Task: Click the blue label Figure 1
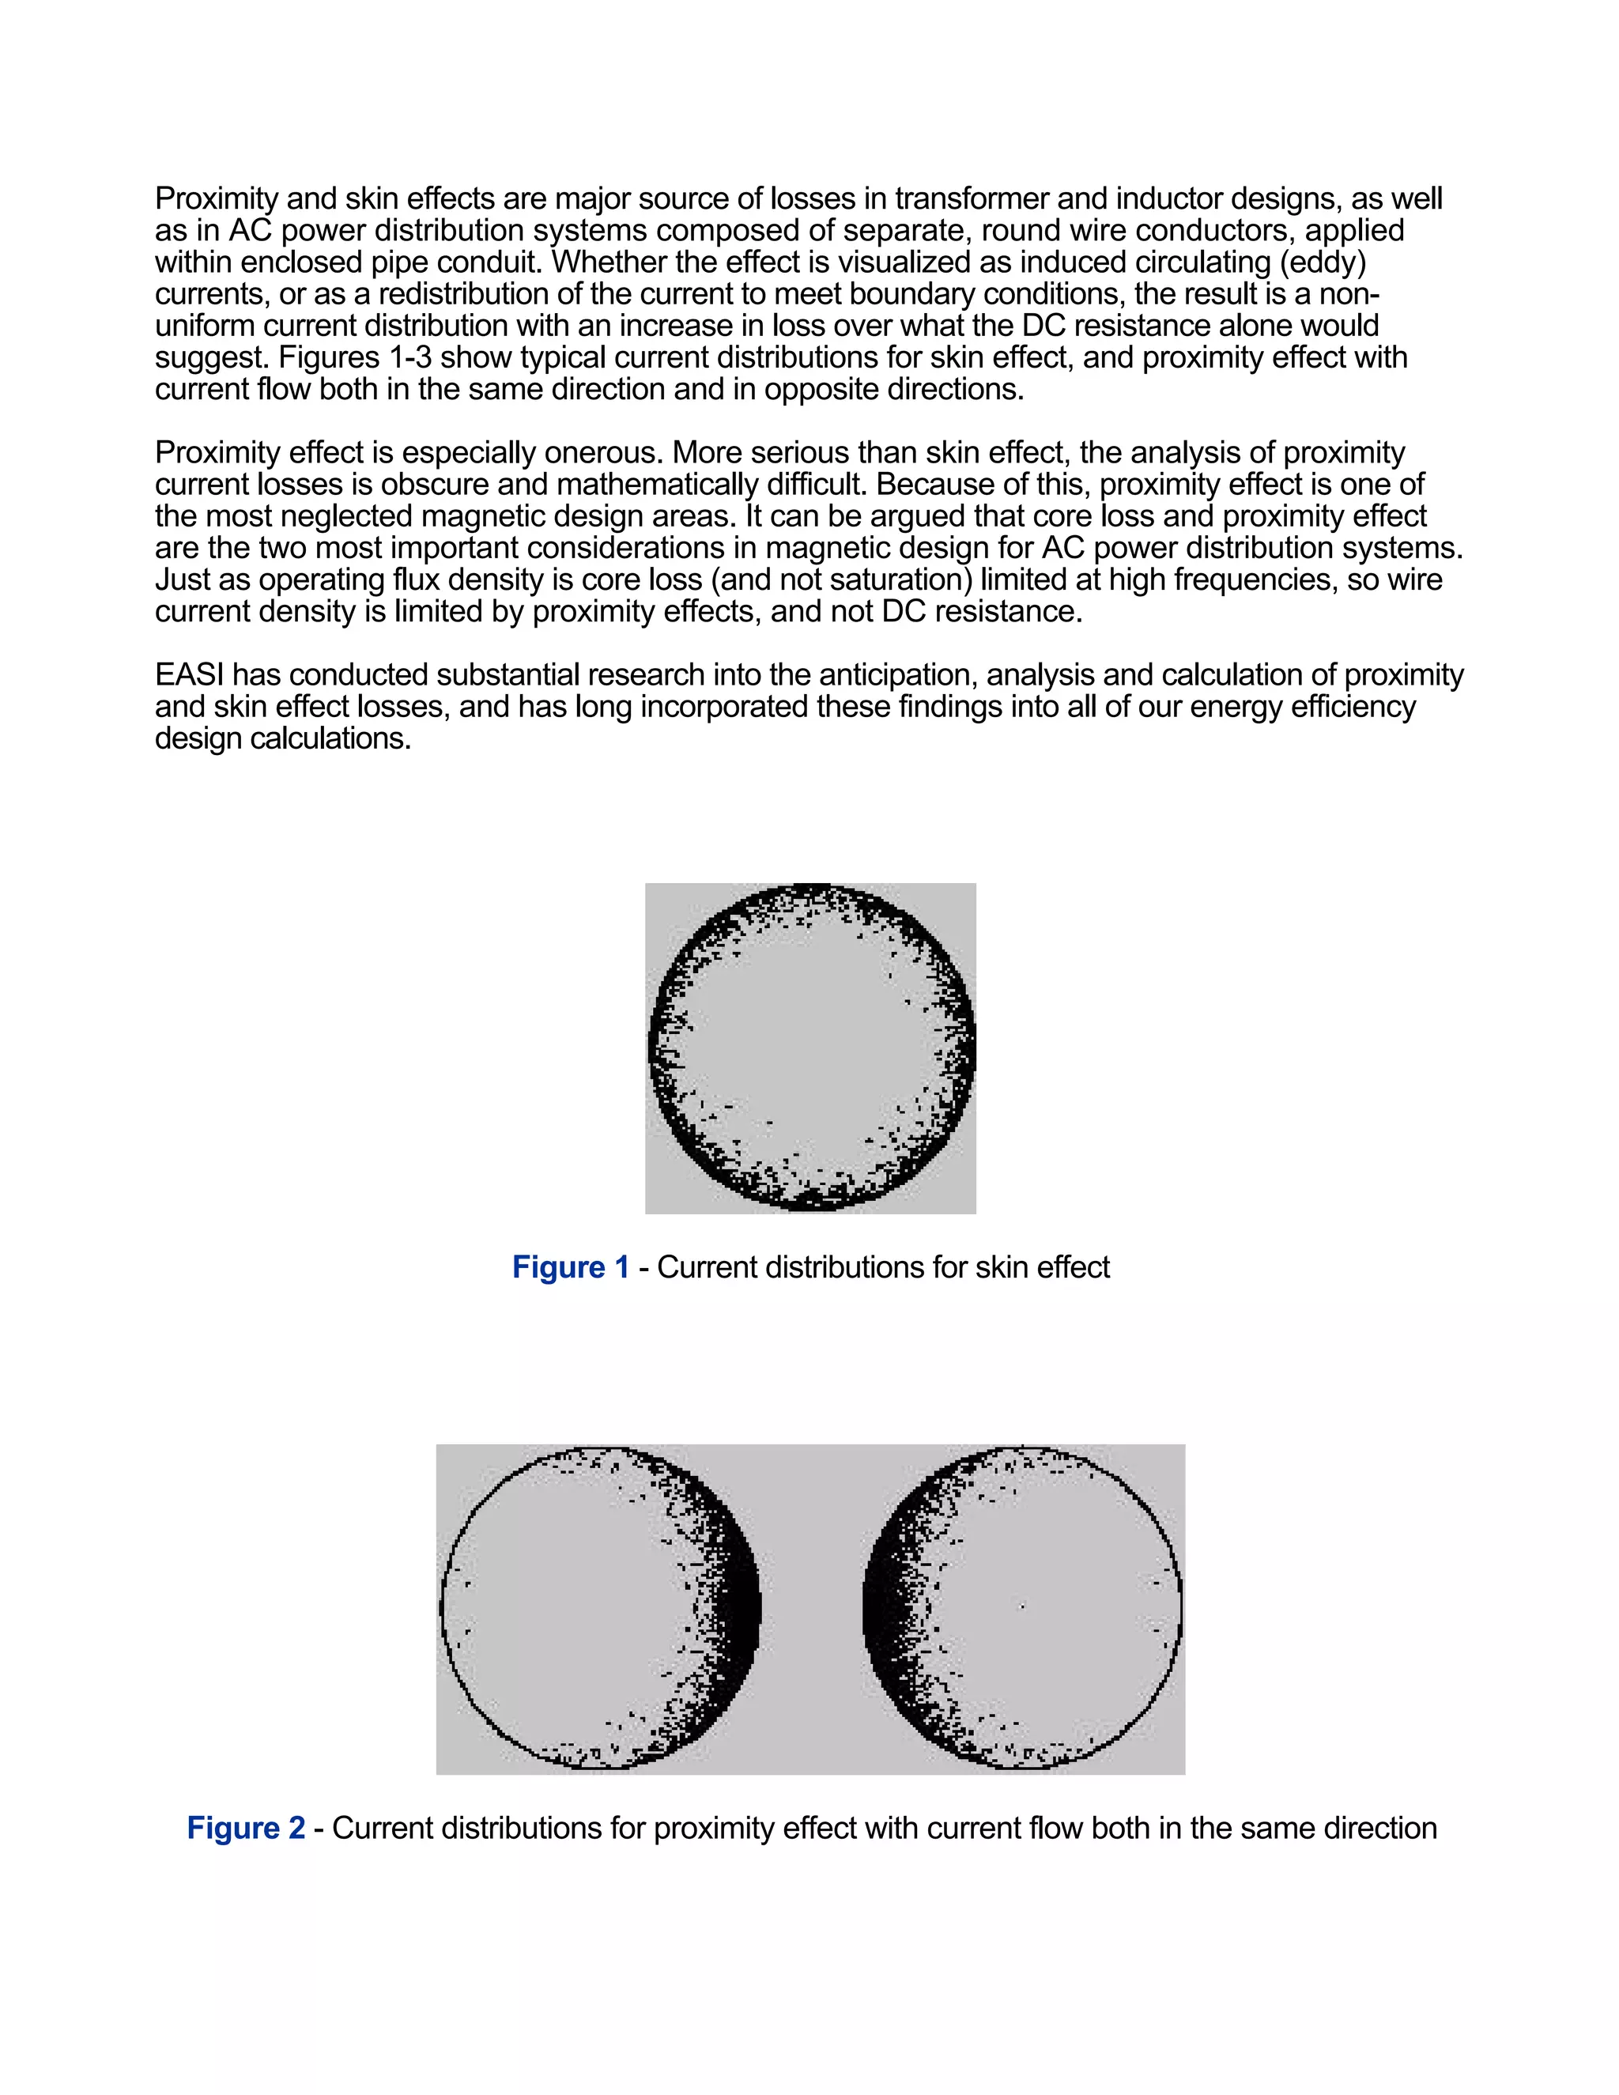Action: click(571, 1267)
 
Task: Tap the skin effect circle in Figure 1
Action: click(811, 1047)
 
